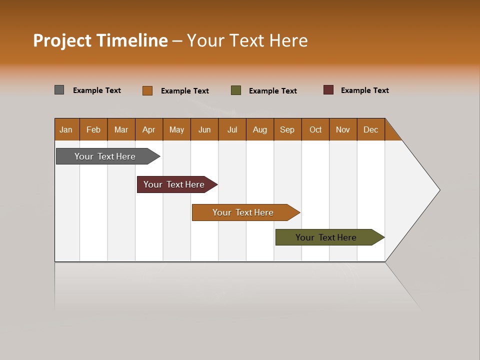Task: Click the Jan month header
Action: [x=66, y=129]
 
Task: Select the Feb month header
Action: [x=93, y=129]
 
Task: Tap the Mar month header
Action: [x=121, y=129]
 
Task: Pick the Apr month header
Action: [x=149, y=129]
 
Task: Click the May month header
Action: [x=176, y=129]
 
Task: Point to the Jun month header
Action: [x=204, y=129]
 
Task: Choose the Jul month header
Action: [x=232, y=129]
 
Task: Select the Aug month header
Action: [x=260, y=129]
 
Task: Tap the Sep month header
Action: [x=287, y=129]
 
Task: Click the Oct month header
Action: [x=315, y=129]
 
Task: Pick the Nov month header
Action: [x=343, y=129]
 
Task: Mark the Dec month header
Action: [x=371, y=129]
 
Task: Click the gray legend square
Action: [x=59, y=90]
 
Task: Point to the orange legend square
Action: [x=147, y=90]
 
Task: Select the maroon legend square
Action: [x=328, y=90]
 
